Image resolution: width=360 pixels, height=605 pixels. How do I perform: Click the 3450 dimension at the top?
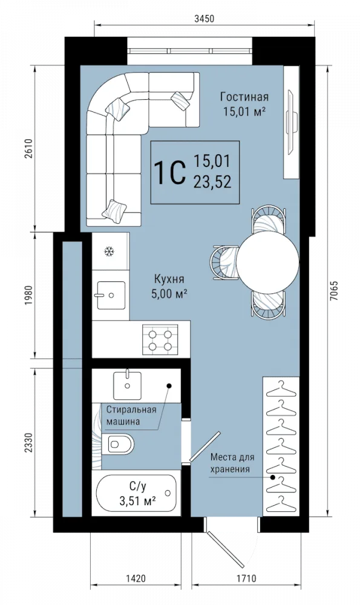(204, 19)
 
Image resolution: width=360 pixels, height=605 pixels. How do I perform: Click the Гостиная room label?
(244, 96)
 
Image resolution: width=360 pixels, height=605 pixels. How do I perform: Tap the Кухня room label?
(169, 278)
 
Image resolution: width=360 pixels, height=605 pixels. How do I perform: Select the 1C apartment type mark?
(168, 173)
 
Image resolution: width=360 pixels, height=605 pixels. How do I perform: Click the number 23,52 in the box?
(212, 181)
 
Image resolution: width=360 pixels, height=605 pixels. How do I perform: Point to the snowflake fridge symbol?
(110, 252)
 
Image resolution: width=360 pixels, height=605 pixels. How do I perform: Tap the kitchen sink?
(111, 295)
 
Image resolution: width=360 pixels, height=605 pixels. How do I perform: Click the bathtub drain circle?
(168, 493)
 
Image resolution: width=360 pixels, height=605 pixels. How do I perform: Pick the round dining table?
(268, 263)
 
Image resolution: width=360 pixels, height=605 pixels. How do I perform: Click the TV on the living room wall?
(292, 122)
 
